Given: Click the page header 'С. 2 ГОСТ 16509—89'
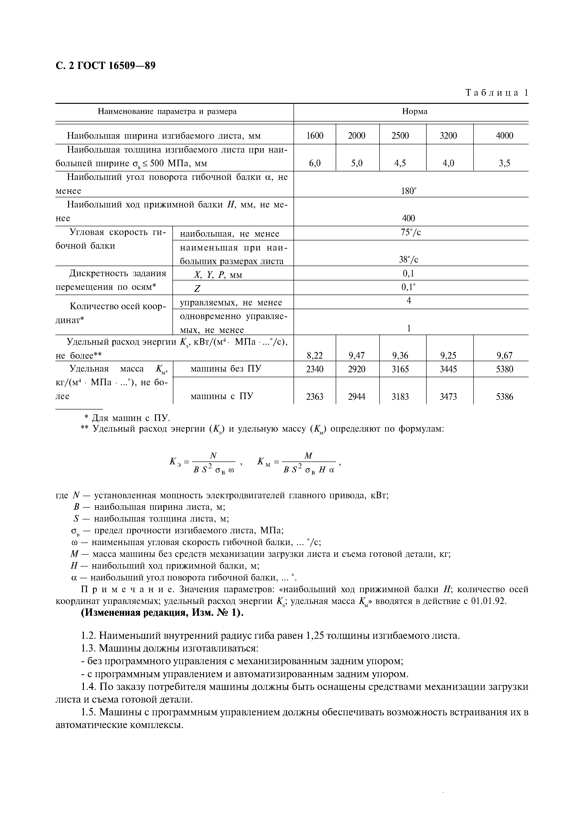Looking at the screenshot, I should [x=106, y=66].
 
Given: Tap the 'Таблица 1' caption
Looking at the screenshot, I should [x=497, y=93].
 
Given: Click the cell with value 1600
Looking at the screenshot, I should [x=314, y=136].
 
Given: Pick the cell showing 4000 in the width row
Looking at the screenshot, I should [x=504, y=136].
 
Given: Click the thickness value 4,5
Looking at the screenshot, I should [x=400, y=163].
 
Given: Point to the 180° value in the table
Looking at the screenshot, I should [x=408, y=191].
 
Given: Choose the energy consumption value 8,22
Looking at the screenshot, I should [x=314, y=356].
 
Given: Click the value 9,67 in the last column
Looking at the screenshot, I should [x=504, y=356].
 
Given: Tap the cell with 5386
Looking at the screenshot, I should [x=504, y=397].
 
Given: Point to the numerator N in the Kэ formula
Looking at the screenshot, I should [x=213, y=456].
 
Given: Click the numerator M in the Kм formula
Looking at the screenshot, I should [x=308, y=456].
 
